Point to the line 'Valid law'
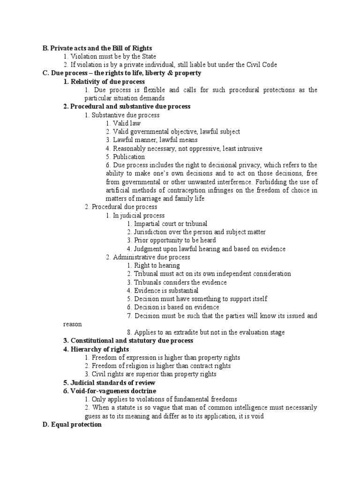coord(126,123)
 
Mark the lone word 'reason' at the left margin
coord(73,324)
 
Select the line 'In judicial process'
coord(135,215)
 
